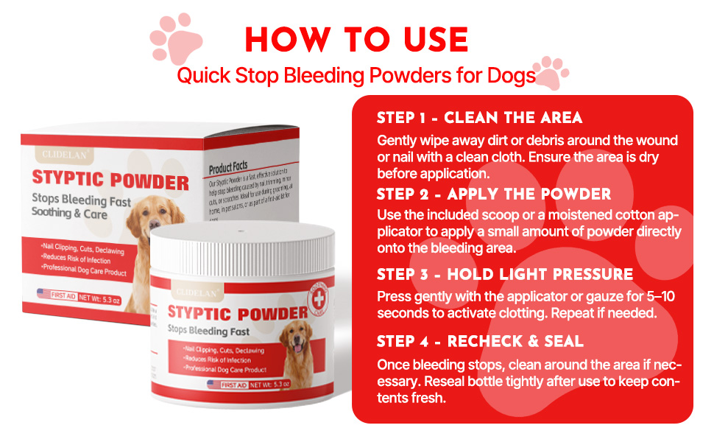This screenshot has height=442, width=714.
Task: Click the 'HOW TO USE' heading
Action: [x=356, y=40]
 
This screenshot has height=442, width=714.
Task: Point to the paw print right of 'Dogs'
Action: [x=551, y=71]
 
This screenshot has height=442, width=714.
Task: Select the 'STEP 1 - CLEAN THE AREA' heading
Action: [x=479, y=118]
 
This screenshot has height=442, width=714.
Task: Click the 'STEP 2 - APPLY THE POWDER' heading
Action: [x=494, y=194]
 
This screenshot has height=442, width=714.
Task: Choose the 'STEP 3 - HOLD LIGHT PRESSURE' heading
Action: [x=505, y=274]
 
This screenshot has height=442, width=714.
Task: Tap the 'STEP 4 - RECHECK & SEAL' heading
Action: [x=480, y=341]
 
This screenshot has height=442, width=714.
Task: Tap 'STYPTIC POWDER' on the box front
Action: [x=110, y=179]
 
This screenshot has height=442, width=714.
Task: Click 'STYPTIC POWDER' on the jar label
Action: [x=237, y=312]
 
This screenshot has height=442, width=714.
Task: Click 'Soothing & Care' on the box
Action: [x=69, y=214]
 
